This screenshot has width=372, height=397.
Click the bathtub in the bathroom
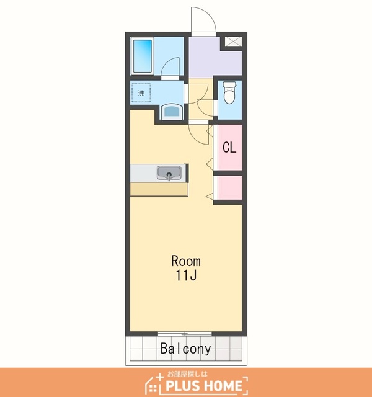142,56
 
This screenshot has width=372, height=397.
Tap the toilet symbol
229,92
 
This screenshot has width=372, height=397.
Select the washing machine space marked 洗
141,93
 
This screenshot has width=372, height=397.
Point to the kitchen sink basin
169,172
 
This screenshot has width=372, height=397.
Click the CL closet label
229,147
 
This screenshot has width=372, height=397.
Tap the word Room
186,261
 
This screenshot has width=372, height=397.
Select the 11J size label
186,275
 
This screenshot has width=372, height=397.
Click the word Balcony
185,349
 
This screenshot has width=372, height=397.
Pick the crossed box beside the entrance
233,42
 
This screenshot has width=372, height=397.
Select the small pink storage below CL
229,187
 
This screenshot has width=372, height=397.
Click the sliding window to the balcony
185,334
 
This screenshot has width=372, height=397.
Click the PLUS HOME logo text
204,386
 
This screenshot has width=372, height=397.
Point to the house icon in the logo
154,385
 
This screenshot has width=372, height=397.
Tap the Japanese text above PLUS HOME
187,373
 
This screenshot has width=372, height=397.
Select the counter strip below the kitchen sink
159,189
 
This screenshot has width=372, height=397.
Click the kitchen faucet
169,176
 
